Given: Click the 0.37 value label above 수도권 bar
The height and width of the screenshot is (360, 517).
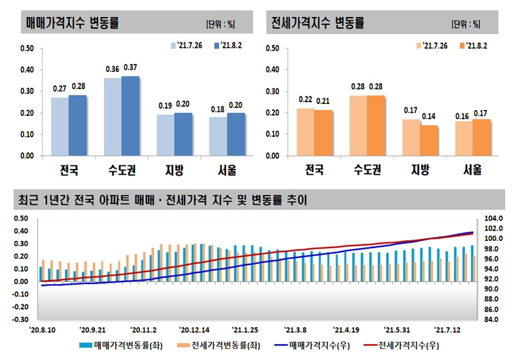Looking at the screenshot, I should point(130,67).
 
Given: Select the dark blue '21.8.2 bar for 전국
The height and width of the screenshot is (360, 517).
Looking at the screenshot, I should point(78,126).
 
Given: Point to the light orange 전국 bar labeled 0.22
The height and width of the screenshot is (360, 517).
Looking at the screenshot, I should point(306,132).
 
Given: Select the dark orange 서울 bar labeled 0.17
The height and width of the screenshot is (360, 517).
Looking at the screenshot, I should point(481,137).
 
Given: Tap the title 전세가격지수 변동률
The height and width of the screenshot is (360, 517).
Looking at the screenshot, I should point(317,24).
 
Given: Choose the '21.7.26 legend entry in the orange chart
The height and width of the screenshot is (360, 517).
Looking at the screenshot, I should point(431,45).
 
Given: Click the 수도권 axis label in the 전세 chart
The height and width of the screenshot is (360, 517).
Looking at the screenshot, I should point(367,171).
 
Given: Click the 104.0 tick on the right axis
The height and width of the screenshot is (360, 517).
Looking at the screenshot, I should point(493,218).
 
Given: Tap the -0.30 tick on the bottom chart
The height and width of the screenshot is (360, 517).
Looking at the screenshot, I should point(20,319).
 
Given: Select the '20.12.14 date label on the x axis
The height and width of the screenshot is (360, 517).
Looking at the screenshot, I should point(193,330).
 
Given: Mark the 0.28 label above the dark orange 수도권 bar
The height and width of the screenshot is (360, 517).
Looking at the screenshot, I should point(376,87).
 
